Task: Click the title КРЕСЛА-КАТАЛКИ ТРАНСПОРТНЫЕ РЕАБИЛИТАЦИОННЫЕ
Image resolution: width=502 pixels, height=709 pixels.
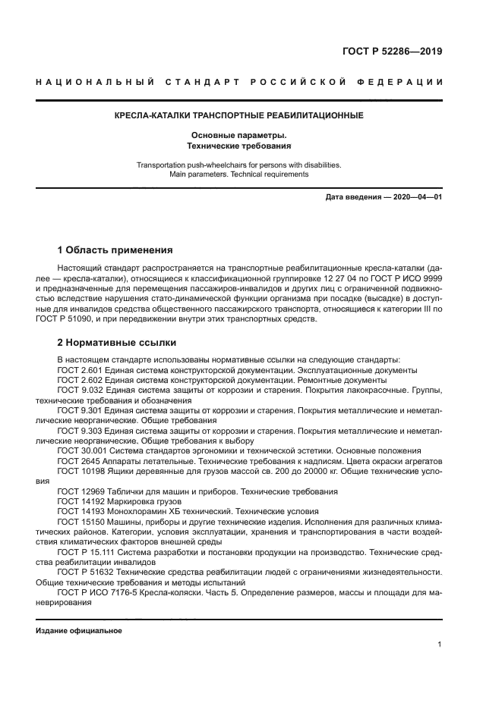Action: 238,116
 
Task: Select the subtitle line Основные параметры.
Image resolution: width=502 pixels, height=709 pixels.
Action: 238,134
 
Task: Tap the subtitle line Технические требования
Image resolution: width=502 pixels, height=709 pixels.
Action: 238,145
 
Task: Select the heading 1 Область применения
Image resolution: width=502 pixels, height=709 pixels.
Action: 115,249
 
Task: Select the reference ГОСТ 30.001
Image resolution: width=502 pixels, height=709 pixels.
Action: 80,450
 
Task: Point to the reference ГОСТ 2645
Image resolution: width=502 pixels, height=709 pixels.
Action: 75,460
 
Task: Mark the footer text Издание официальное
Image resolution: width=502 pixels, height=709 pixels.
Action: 79,631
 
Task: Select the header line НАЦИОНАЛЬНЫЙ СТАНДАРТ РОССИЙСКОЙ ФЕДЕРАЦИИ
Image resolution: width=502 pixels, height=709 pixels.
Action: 238,82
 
